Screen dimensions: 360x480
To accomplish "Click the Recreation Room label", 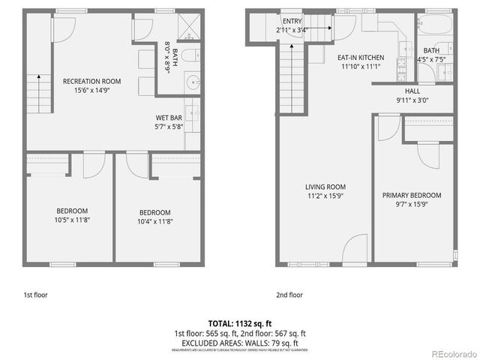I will (92, 81).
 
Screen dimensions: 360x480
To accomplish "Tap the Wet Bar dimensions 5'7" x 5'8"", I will (169, 127).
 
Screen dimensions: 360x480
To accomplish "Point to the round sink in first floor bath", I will (193, 82).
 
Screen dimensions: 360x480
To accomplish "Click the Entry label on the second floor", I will (292, 21).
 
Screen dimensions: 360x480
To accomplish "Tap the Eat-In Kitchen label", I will (360, 57).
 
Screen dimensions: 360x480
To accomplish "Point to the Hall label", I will (412, 91).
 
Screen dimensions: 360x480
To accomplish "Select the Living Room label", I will (325, 187).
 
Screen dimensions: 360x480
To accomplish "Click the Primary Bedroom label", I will (412, 195).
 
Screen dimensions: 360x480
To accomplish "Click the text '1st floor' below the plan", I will (34, 295).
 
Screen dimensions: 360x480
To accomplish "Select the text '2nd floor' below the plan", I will (289, 295).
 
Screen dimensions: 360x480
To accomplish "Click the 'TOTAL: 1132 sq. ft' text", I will (240, 323).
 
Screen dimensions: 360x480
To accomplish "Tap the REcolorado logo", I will (452, 353).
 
